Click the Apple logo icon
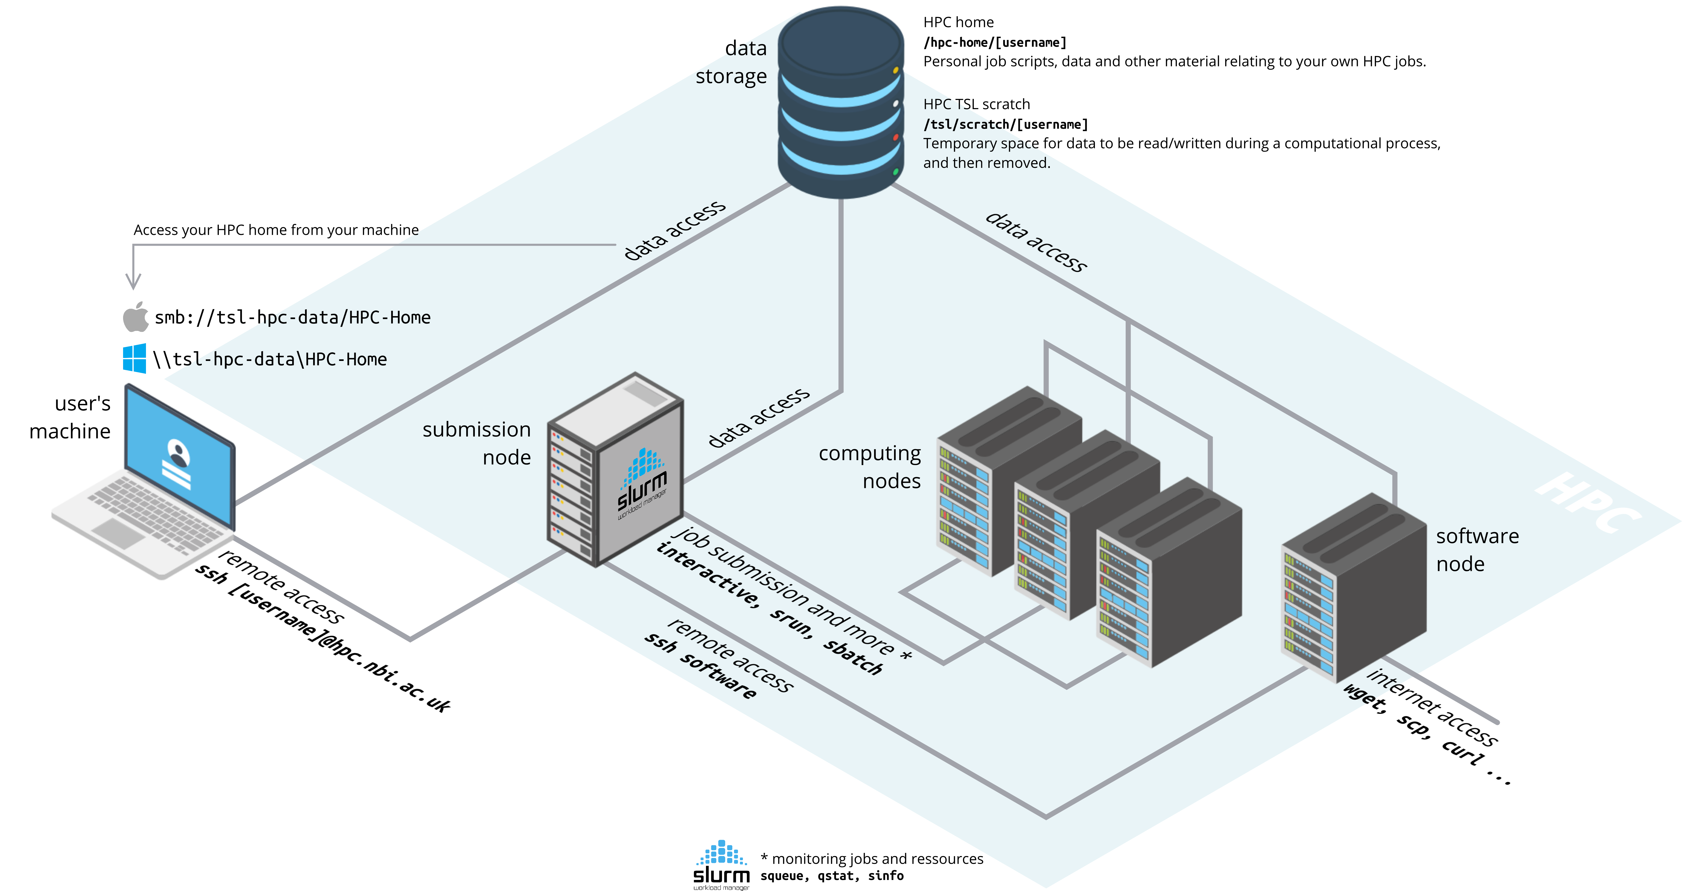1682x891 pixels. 136,317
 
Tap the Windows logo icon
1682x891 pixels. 134,359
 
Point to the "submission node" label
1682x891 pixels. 477,443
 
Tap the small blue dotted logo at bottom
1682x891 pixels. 721,853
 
